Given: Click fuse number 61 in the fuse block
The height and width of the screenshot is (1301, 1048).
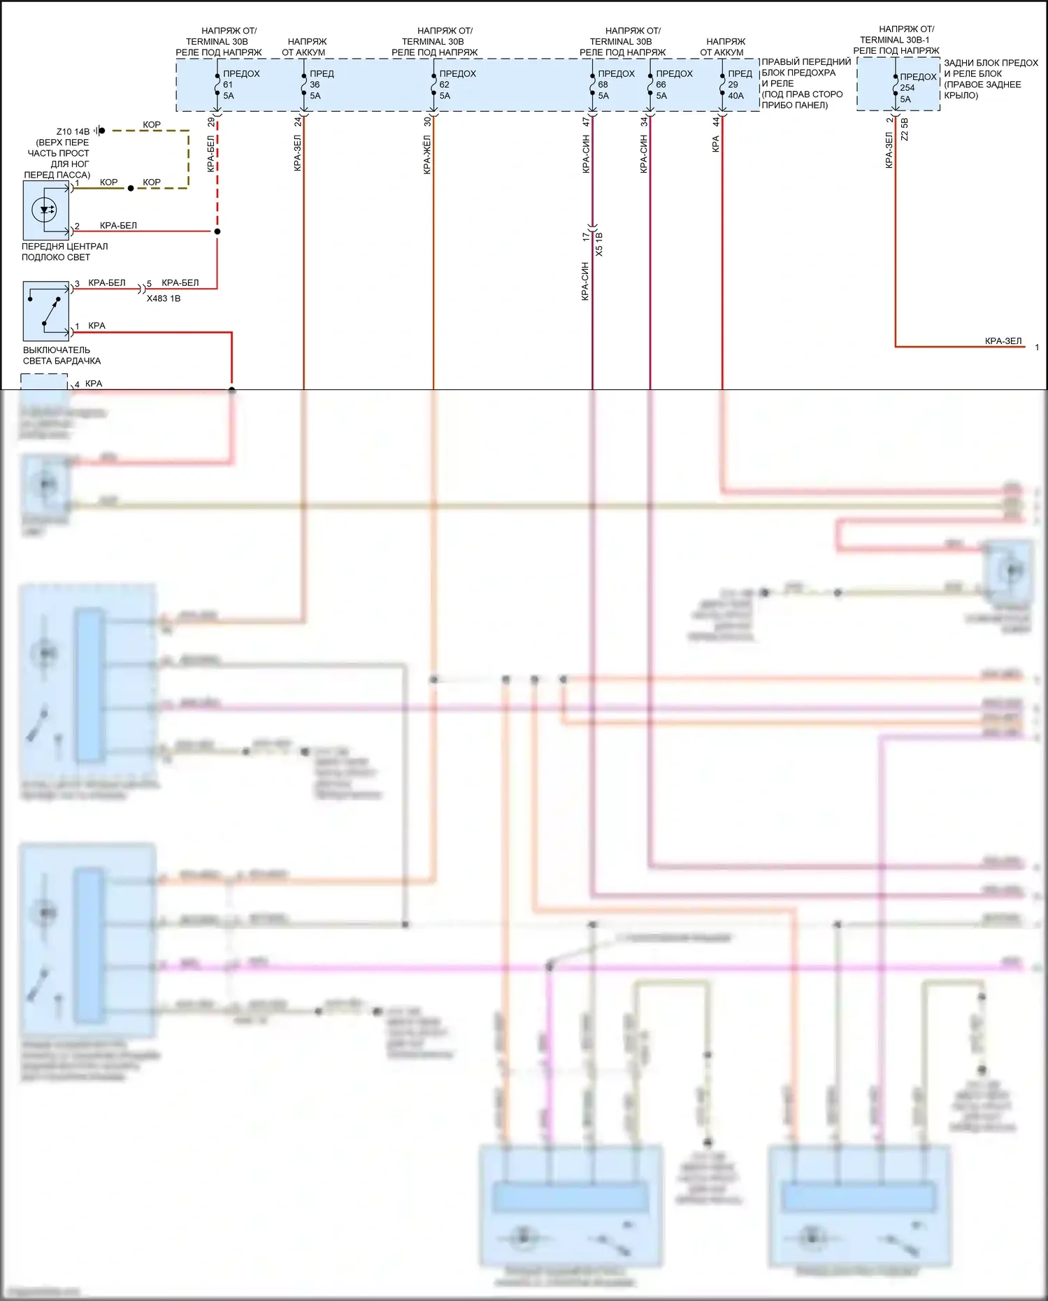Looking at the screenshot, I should (228, 85).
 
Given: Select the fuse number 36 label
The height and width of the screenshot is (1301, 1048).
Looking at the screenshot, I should (315, 85).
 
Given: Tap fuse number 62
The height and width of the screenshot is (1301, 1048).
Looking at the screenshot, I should (444, 85).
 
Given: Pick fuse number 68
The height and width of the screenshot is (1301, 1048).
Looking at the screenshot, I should (603, 85).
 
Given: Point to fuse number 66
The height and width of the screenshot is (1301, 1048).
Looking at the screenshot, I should (661, 85).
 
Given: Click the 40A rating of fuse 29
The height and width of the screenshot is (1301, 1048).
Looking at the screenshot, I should (735, 96).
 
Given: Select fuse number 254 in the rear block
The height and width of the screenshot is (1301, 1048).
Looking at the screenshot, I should (907, 88).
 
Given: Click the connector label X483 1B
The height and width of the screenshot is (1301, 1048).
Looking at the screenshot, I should (164, 299).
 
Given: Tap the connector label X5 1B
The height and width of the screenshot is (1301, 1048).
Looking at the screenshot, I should (599, 244).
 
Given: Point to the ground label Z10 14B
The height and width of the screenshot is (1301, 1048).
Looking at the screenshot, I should (73, 131).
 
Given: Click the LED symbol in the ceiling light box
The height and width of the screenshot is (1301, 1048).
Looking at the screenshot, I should (45, 209).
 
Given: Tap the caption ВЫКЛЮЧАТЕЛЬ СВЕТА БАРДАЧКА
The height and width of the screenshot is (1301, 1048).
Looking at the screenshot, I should (62, 355).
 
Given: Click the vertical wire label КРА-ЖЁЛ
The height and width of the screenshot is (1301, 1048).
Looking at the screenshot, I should (426, 155).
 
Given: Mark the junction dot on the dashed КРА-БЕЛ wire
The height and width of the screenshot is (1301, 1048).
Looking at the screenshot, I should (217, 231).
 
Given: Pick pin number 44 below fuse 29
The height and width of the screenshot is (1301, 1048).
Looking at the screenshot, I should (716, 122).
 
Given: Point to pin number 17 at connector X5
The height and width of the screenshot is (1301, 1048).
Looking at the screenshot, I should (585, 238).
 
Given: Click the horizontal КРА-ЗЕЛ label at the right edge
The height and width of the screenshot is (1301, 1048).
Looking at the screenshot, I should (1003, 341).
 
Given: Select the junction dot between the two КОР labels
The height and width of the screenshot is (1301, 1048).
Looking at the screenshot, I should (131, 188).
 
